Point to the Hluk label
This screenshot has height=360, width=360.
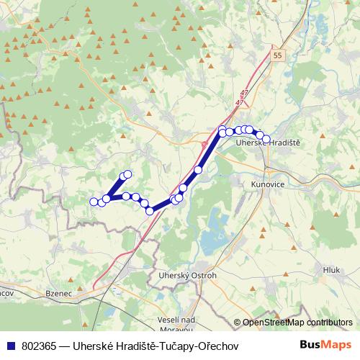point(331,269)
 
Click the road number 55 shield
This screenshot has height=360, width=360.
point(279,55)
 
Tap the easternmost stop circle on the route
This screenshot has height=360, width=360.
point(266,139)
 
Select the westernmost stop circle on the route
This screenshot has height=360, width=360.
point(93,202)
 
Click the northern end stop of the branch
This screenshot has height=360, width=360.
point(128,174)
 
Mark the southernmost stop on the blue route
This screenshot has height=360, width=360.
point(150,211)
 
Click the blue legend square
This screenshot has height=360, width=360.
point(11,346)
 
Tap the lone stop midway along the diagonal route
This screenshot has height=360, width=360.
point(198,170)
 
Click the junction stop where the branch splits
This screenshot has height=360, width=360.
point(107,199)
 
